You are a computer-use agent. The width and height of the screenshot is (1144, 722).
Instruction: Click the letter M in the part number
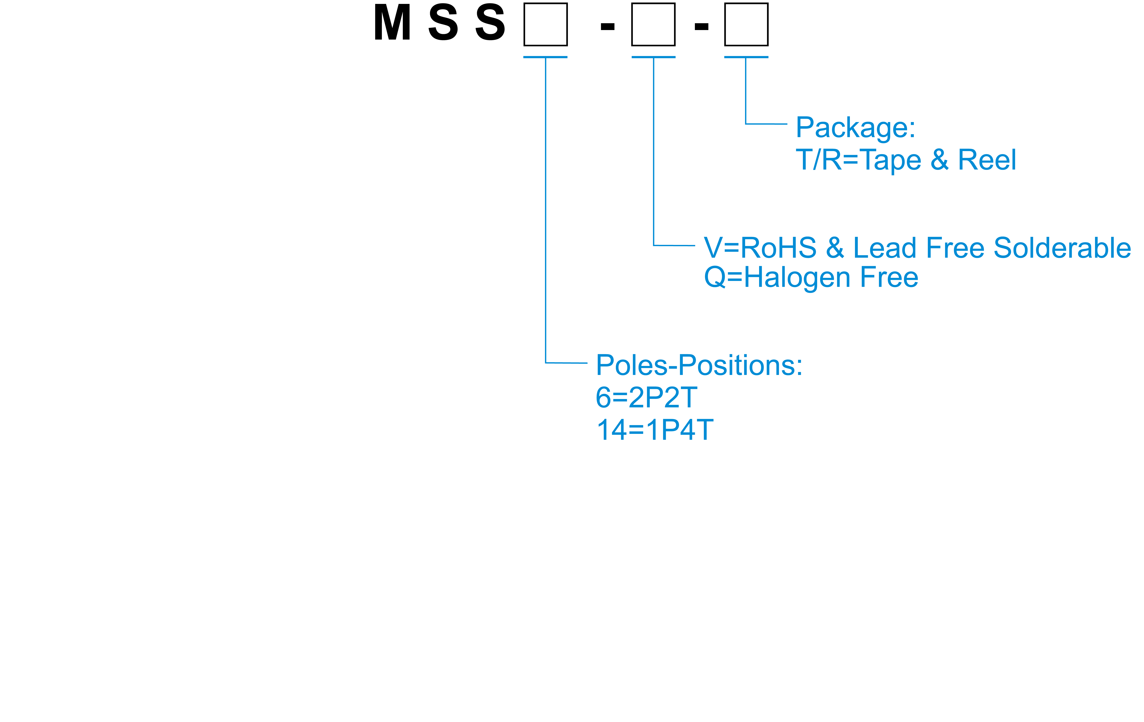[x=392, y=23]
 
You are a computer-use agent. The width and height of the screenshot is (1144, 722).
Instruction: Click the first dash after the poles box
[x=608, y=27]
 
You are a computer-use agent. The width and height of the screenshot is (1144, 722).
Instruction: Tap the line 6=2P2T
[x=646, y=398]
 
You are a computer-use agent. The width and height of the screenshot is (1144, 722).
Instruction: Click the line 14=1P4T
[x=655, y=430]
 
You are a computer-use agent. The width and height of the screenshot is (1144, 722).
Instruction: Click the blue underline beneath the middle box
[x=653, y=57]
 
